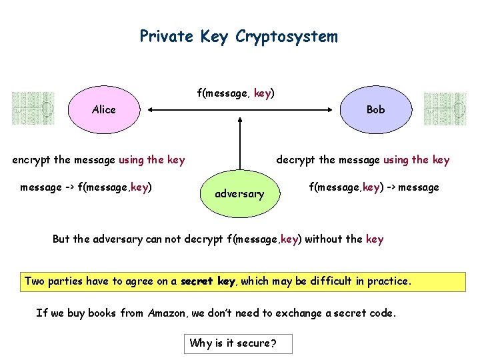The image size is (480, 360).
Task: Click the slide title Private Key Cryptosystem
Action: [x=239, y=36]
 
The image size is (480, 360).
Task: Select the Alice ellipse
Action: [x=104, y=109]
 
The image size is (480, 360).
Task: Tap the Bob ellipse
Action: [x=375, y=109]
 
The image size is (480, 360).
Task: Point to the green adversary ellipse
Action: [x=239, y=193]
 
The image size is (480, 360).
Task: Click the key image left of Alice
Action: [x=32, y=109]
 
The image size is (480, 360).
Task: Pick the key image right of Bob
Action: [x=445, y=109]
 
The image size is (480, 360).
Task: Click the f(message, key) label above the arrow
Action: [x=235, y=94]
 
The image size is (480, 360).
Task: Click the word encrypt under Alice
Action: [x=32, y=160]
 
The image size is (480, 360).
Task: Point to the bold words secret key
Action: [x=208, y=281]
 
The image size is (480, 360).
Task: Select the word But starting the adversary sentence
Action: [x=61, y=239]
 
